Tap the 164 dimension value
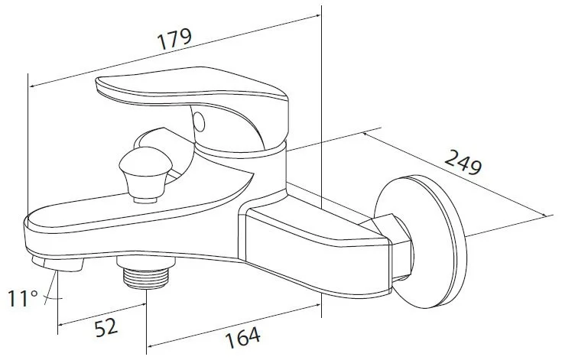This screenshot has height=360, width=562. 244,335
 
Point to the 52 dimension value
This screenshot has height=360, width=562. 106,326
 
